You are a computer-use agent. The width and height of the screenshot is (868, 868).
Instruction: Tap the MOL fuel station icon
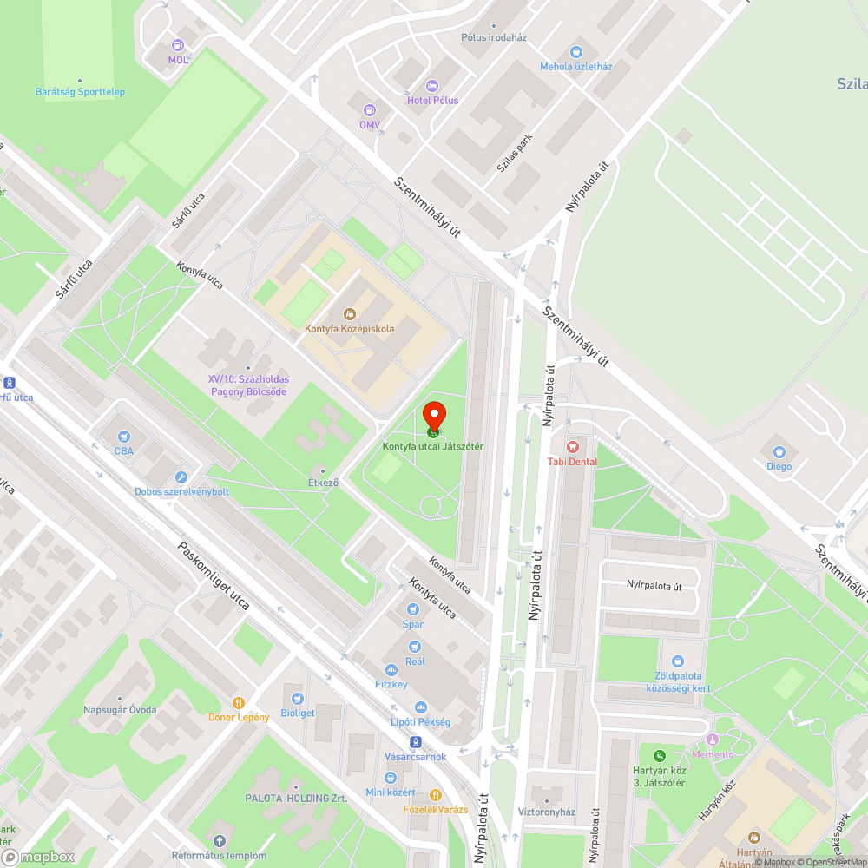(178, 45)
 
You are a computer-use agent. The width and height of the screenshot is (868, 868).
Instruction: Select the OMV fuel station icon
(370, 110)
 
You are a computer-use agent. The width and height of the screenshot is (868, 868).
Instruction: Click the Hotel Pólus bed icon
(432, 85)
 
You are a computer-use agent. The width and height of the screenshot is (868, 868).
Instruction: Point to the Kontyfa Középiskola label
(349, 329)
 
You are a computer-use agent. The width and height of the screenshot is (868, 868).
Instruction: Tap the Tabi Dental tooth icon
(571, 447)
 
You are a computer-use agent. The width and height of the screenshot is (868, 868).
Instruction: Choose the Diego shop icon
(779, 451)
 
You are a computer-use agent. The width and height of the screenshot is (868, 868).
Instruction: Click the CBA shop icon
(123, 437)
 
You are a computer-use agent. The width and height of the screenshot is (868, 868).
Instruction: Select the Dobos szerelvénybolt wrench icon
(181, 477)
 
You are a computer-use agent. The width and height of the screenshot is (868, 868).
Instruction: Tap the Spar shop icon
(413, 609)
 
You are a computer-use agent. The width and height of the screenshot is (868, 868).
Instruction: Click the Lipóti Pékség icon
(420, 707)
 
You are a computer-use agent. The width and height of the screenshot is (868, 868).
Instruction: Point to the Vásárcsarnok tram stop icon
(415, 742)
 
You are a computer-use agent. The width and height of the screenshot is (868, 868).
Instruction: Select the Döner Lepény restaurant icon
(238, 702)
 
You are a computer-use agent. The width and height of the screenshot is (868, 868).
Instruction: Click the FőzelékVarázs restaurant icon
(436, 794)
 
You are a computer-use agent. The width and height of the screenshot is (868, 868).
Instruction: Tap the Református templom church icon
(219, 840)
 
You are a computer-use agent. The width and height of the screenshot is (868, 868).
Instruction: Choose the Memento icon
(713, 740)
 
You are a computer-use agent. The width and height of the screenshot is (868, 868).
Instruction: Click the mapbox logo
(39, 857)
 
